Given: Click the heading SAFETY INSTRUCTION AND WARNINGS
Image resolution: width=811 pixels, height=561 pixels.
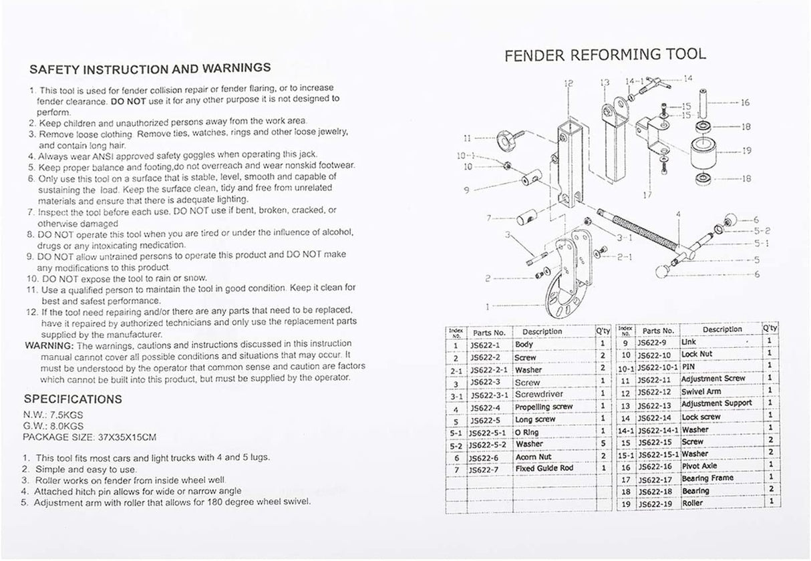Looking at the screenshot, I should click(x=150, y=68).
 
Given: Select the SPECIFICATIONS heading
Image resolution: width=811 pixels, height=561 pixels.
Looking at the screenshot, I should click(x=73, y=399).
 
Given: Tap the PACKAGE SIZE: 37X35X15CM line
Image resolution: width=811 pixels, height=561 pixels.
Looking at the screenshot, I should click(x=90, y=437).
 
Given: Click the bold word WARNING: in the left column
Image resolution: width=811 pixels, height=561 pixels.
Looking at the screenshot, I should click(x=49, y=345).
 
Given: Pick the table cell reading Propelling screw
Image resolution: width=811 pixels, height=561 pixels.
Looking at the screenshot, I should click(x=544, y=407).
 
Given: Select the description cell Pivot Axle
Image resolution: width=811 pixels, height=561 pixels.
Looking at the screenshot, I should click(x=700, y=466).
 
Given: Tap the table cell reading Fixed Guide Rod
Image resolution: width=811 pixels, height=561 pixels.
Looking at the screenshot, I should click(x=544, y=469).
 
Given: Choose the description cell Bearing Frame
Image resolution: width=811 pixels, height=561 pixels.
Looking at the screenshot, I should click(x=707, y=479).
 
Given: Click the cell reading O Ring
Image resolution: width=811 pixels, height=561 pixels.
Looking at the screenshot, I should click(x=528, y=432).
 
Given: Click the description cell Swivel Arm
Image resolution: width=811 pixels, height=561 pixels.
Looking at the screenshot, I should click(x=701, y=391).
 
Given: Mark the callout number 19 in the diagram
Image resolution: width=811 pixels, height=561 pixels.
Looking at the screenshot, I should click(x=747, y=151).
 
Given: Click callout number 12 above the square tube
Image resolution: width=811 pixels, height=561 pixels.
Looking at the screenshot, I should click(x=569, y=83).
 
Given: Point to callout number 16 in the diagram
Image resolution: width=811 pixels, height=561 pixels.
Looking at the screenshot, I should click(x=745, y=103).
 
